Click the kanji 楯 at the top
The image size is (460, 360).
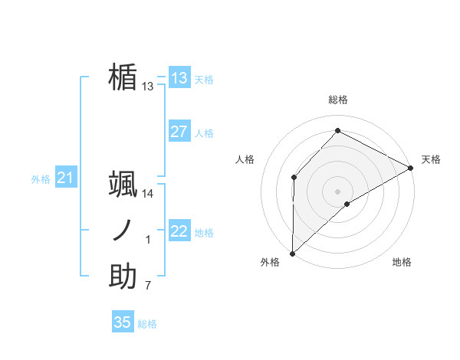[123, 77]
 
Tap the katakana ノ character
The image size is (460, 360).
[123, 231]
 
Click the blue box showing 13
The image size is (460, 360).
[179, 77]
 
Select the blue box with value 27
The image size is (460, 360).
[179, 132]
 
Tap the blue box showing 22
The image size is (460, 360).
[179, 231]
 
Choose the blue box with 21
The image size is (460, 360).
[65, 178]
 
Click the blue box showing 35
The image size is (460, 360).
[123, 322]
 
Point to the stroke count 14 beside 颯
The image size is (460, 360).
[148, 194]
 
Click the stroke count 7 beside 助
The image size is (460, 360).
[148, 286]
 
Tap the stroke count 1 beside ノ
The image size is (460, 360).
[148, 241]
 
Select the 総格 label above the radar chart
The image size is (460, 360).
[338, 100]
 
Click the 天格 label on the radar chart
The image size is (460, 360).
[431, 159]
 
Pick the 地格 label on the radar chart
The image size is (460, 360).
[402, 263]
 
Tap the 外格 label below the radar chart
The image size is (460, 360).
[270, 263]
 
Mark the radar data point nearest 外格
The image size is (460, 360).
[292, 253]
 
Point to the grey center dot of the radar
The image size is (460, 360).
[337, 191]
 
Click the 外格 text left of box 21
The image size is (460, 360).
[41, 179]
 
